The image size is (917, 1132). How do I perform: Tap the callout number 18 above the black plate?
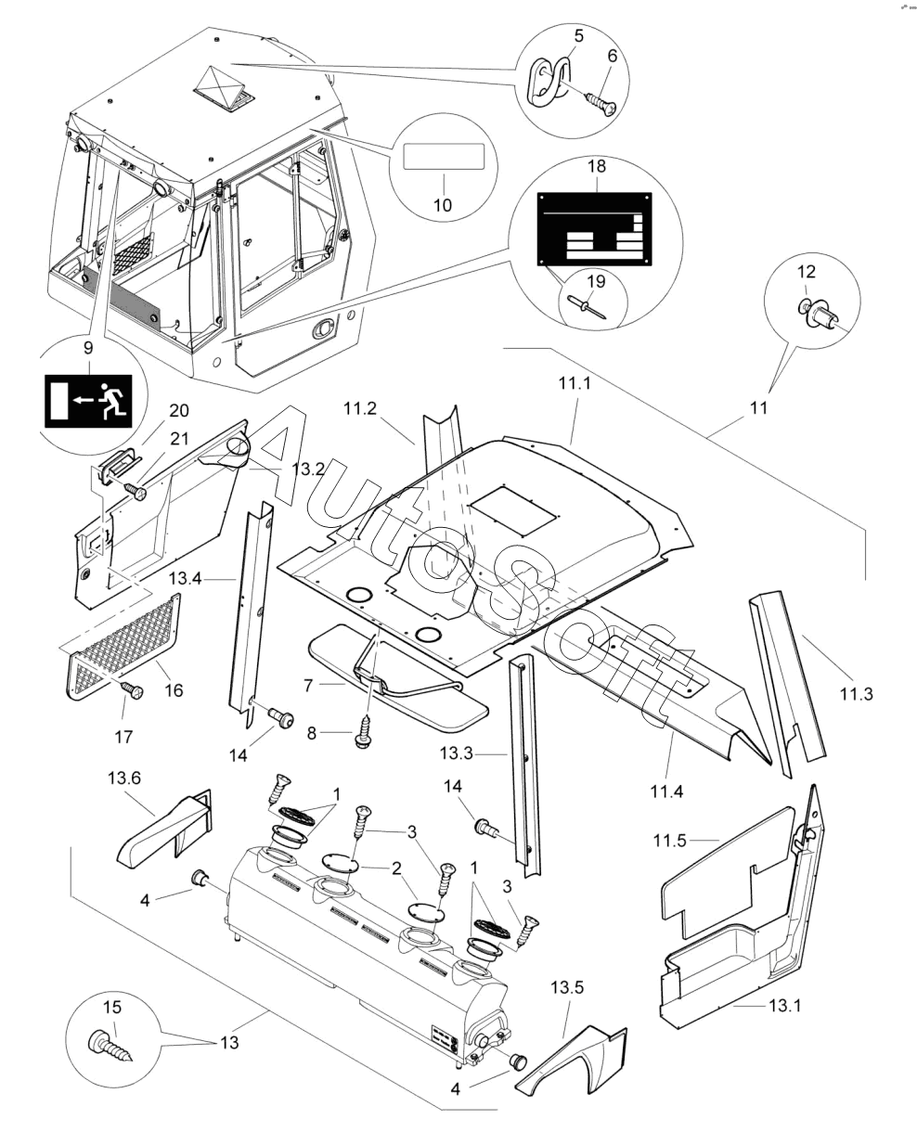597,166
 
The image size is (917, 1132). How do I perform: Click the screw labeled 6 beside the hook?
601,103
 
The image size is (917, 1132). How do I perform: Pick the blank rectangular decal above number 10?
444,156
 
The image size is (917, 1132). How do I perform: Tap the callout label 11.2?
360,408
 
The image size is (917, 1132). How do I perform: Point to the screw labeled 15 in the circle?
109,1045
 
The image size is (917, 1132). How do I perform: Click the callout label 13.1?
784,1006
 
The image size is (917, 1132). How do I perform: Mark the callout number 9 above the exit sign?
88,348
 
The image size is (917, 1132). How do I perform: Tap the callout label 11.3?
857,693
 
